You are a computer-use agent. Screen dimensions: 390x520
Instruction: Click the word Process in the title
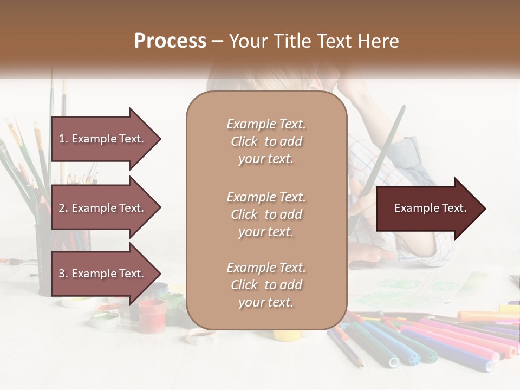170,41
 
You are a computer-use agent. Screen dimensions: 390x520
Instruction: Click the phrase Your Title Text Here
314,41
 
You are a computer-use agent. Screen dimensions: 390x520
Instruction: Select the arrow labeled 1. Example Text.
103,139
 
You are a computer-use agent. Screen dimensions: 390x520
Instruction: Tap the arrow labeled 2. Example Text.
103,208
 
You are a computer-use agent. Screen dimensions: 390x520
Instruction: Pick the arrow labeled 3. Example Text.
103,274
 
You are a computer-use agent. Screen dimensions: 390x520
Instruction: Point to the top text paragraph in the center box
266,141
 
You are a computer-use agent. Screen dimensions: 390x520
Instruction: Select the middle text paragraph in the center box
266,214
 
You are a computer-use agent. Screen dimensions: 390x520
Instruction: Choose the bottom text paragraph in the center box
266,285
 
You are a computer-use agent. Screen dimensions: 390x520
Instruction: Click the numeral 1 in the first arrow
62,139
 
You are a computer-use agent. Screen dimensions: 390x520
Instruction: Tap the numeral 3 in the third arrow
62,274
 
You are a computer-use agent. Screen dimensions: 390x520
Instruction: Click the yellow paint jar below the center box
285,335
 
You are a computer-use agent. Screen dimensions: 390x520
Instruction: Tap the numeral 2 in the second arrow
62,208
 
